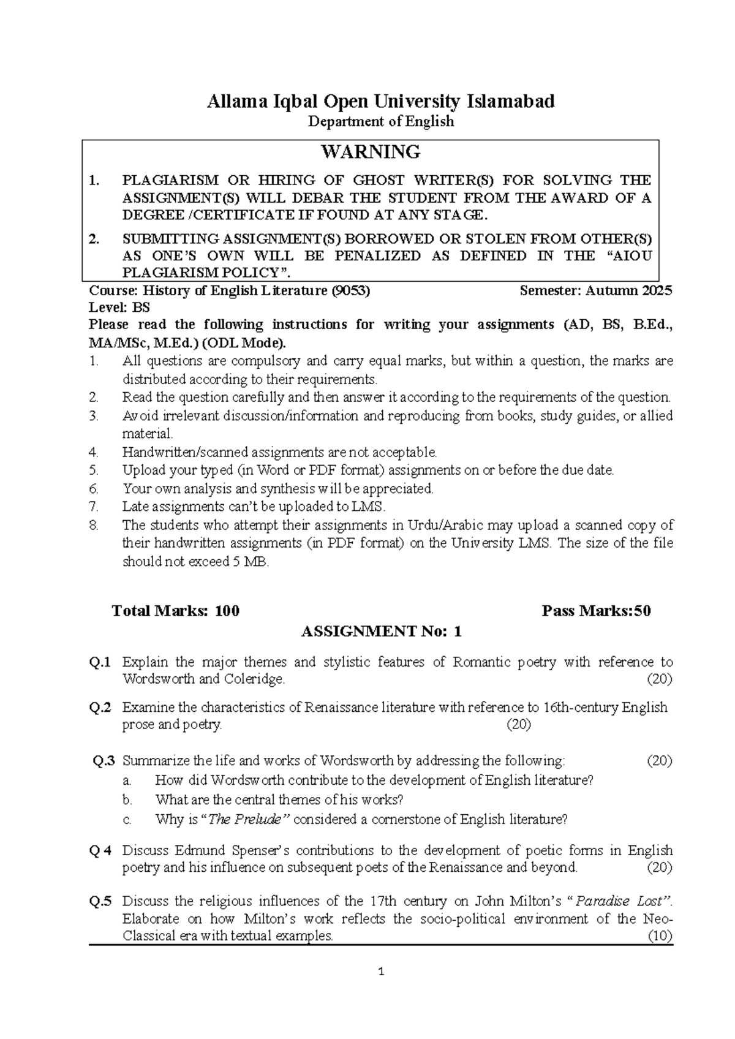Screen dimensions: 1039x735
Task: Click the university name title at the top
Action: [380, 101]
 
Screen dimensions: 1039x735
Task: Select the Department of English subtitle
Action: [380, 121]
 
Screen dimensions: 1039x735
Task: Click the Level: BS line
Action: [119, 308]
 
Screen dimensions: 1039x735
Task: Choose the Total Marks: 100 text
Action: [176, 611]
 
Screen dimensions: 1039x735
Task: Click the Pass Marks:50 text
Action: [596, 611]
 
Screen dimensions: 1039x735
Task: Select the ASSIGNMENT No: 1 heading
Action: [381, 632]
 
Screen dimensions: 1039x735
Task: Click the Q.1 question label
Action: [100, 662]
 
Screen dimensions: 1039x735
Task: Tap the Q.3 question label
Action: [104, 761]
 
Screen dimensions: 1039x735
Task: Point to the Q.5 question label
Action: [100, 901]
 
